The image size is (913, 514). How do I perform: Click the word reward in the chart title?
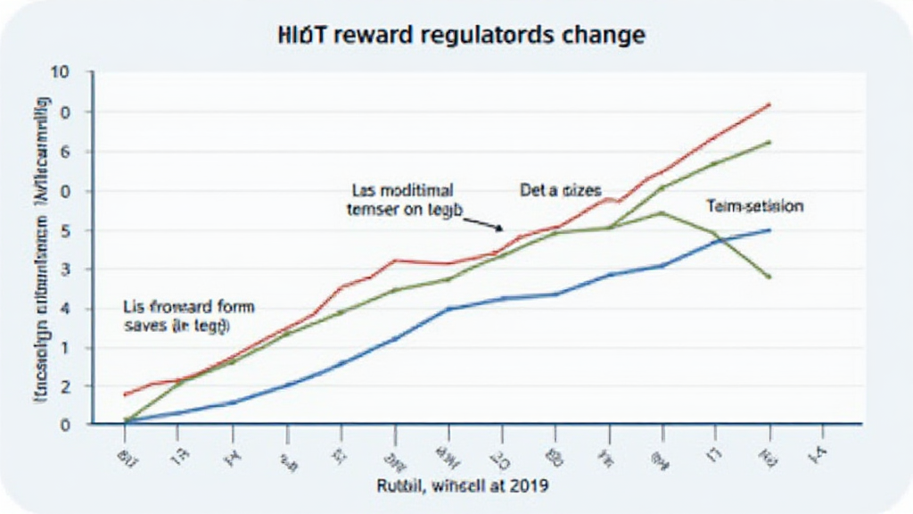[x=370, y=37]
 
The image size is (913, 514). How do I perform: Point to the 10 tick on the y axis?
[x=61, y=72]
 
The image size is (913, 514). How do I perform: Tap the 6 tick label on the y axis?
[x=64, y=152]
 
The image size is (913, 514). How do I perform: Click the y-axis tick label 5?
[x=64, y=230]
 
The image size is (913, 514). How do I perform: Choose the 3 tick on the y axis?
[x=64, y=269]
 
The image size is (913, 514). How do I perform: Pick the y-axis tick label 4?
[x=64, y=309]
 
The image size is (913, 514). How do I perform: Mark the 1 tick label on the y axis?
[x=64, y=347]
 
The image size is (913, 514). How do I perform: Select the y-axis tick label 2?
[x=64, y=386]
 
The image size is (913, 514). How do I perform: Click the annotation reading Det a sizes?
[x=560, y=190]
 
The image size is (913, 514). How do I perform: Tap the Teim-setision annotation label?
[x=754, y=206]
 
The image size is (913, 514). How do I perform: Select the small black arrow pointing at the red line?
[x=485, y=224]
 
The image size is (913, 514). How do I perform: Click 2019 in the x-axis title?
[x=530, y=486]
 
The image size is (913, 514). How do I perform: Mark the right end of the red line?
[x=769, y=104]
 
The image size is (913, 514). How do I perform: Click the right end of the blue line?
[x=769, y=230]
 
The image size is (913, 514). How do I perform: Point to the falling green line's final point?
[x=769, y=277]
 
